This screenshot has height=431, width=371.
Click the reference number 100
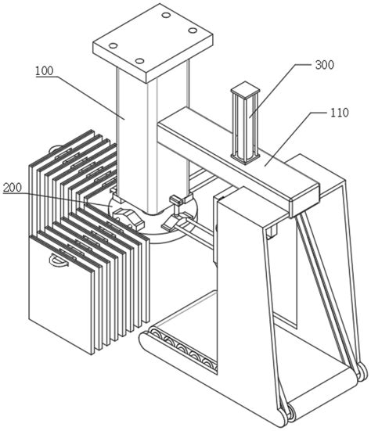(x=45, y=71)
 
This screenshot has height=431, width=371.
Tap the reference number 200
(x=12, y=188)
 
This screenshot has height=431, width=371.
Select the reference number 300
(x=325, y=65)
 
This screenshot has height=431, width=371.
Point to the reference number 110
(x=339, y=113)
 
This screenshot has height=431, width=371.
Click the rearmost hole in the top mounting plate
(x=166, y=15)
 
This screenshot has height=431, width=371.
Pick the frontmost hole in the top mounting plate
(x=139, y=61)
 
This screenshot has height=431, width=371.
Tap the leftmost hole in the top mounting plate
(x=113, y=45)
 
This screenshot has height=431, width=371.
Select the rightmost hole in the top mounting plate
(x=193, y=31)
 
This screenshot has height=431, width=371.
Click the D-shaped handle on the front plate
(x=58, y=260)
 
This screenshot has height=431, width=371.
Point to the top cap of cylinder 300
(x=245, y=91)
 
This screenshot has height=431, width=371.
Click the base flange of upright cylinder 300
(x=245, y=157)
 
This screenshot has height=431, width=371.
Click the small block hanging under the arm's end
(x=272, y=230)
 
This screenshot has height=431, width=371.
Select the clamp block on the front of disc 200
(x=127, y=217)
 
